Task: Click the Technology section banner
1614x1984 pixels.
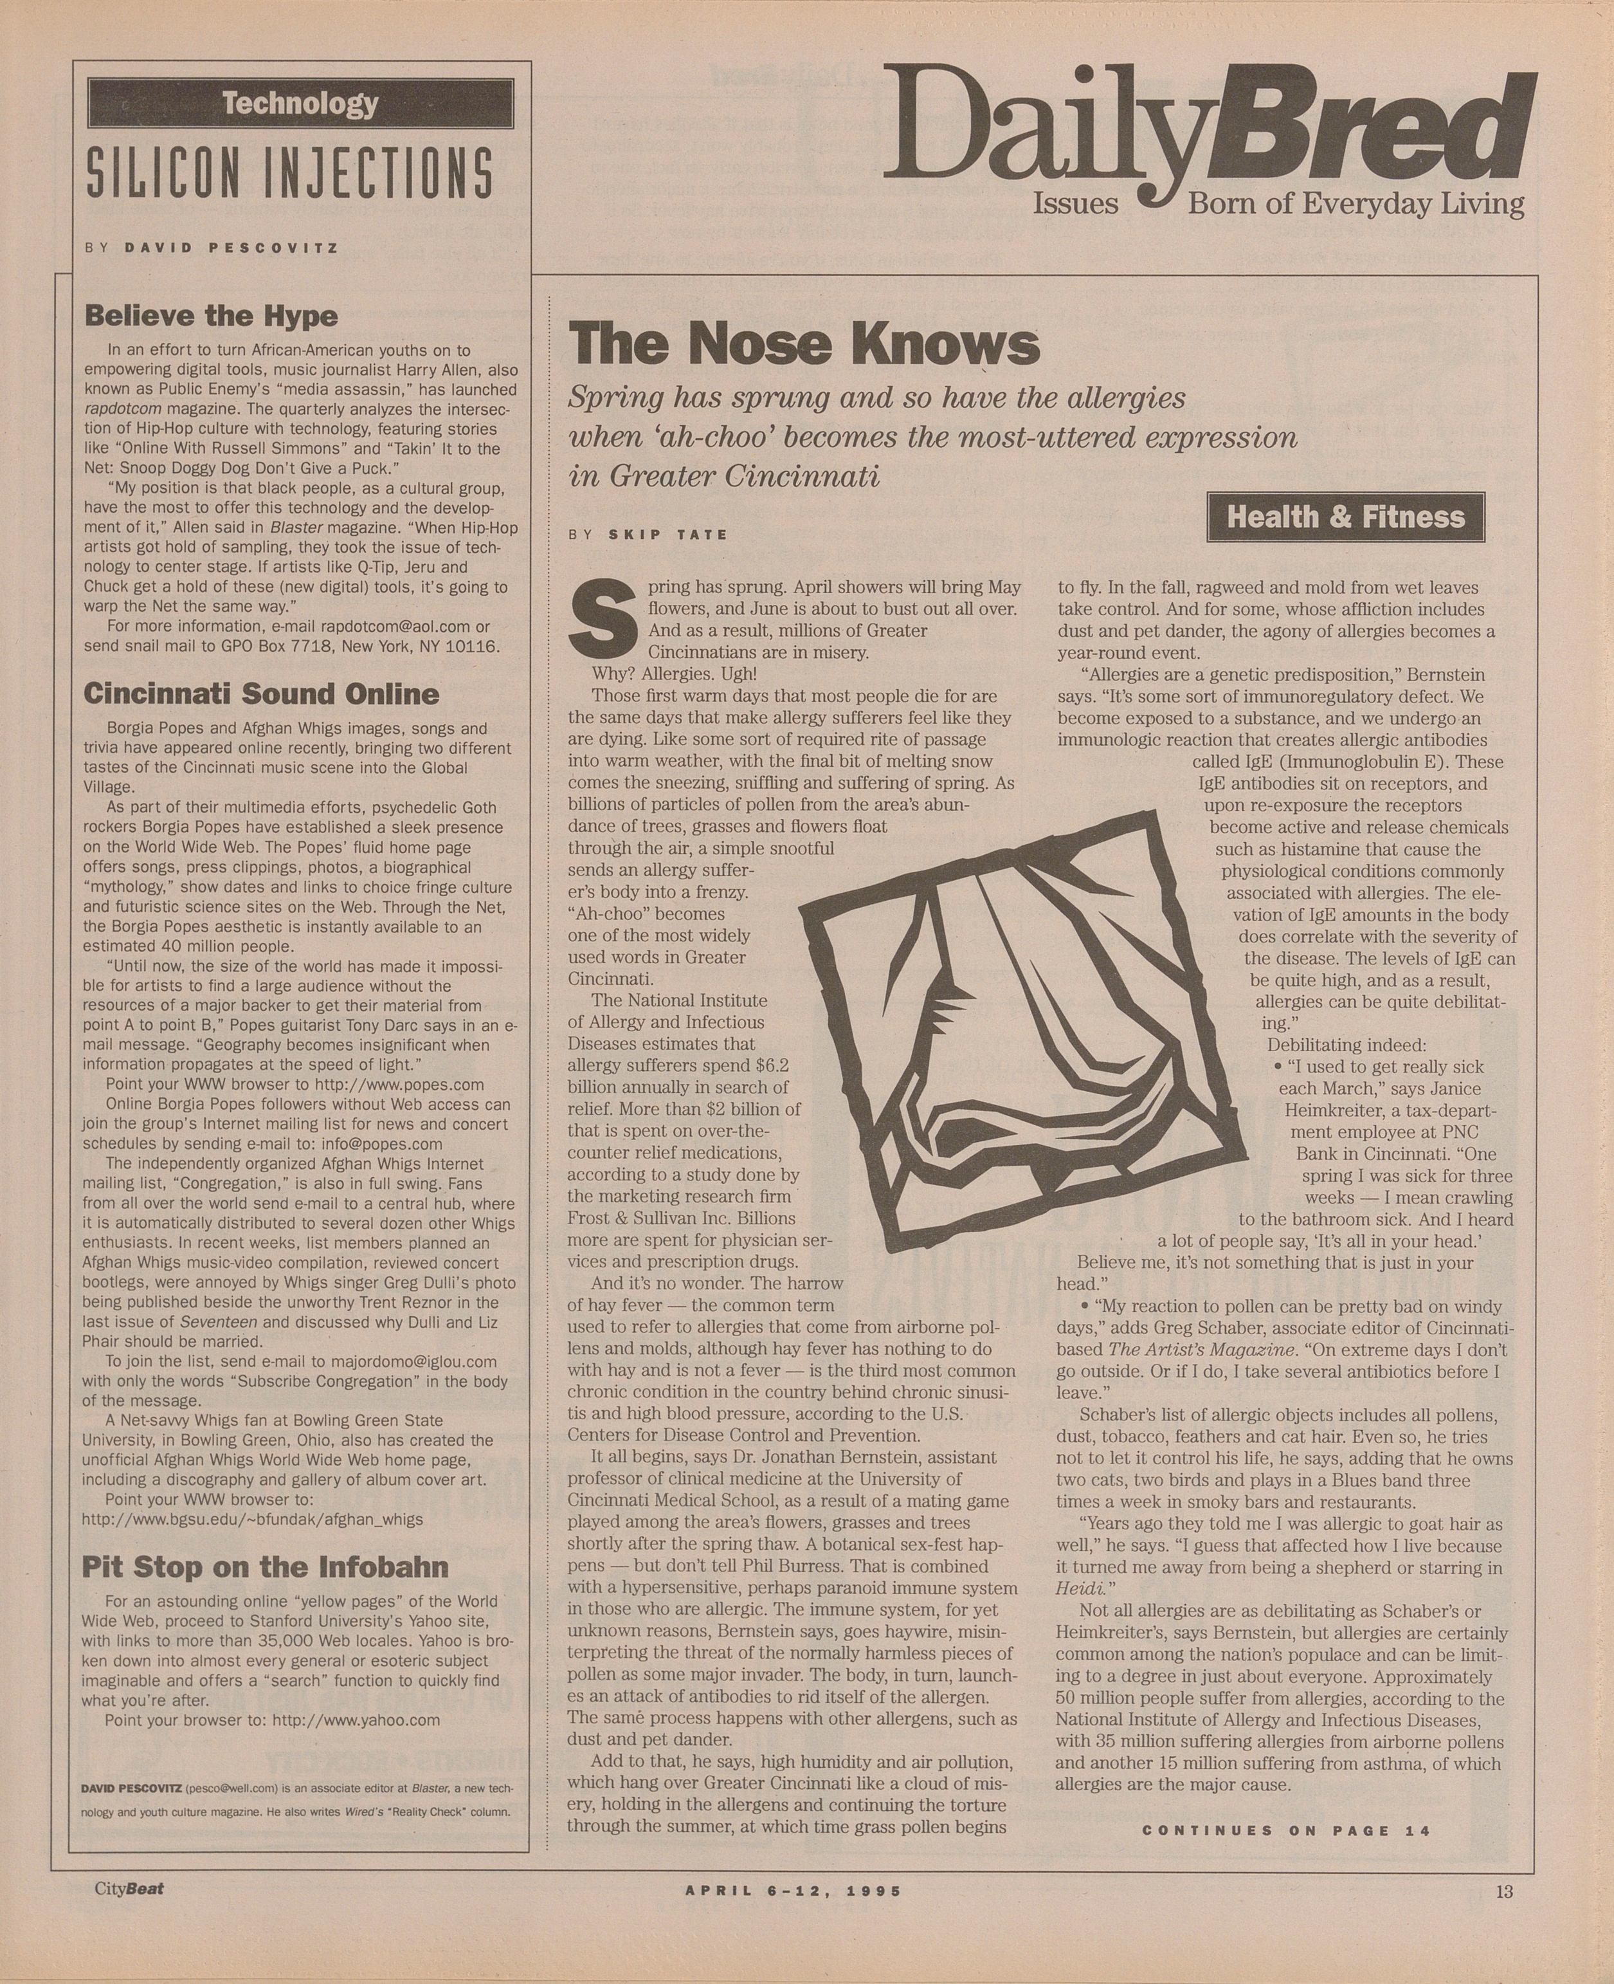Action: [300, 103]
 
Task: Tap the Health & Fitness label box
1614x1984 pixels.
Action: [1345, 517]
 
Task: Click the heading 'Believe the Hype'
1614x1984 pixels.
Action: [211, 317]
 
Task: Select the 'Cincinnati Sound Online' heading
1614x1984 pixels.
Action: [261, 694]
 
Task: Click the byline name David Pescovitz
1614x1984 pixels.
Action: [231, 248]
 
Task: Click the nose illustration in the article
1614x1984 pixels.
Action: [1022, 1042]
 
